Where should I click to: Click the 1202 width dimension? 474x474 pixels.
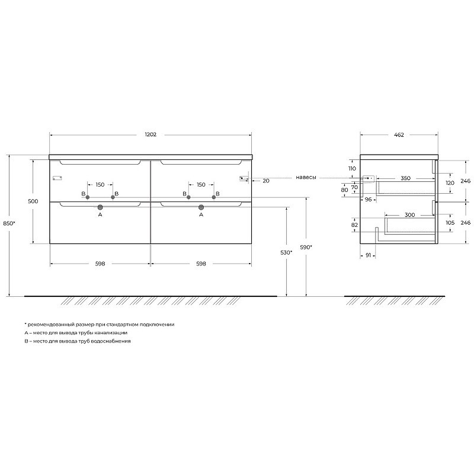click(150, 134)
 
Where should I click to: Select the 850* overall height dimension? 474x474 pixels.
click(9, 223)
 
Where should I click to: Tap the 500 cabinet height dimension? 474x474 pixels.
click(33, 201)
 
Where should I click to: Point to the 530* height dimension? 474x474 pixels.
click(286, 252)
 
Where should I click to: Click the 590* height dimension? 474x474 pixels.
click(306, 247)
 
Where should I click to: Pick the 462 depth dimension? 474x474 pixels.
click(399, 135)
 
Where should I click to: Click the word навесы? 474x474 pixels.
click(306, 177)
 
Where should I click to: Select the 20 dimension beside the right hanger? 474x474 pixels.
click(266, 181)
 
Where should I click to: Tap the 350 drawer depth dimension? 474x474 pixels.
click(405, 178)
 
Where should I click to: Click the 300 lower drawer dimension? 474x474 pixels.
click(409, 215)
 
